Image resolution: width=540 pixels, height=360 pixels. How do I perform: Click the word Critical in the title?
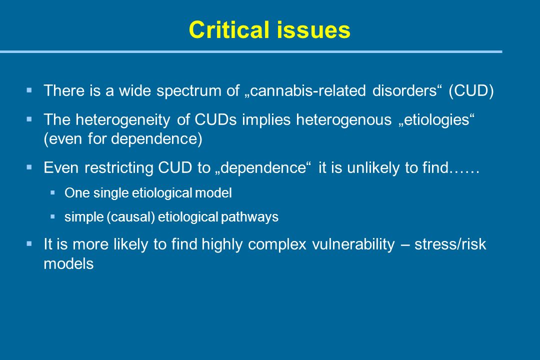point(229,29)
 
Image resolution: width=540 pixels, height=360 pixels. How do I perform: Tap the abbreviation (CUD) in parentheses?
point(471,91)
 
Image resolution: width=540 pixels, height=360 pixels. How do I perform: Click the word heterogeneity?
point(123,120)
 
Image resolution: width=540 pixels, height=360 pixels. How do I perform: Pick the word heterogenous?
point(343,120)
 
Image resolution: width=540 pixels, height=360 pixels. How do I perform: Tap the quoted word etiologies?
point(436,120)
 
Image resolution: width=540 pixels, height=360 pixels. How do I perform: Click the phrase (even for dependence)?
point(123,139)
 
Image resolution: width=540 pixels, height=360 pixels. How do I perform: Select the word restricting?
point(119,168)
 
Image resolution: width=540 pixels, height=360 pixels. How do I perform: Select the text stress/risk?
point(450,244)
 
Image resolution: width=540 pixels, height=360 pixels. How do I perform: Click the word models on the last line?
point(68,264)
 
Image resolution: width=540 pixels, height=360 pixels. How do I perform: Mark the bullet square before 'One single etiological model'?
point(52,193)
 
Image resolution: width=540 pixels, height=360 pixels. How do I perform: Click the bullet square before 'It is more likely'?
point(29,244)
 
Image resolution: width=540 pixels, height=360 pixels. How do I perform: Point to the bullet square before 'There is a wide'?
point(29,90)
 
